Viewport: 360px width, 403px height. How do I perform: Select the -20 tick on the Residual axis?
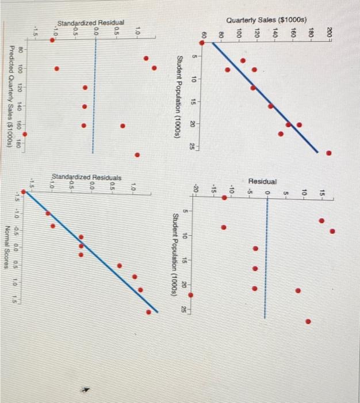196,188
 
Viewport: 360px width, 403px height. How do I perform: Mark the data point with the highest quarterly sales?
328,153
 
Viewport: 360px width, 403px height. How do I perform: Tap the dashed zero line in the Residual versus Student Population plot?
265,259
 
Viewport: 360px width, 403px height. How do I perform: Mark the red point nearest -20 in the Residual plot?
192,295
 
